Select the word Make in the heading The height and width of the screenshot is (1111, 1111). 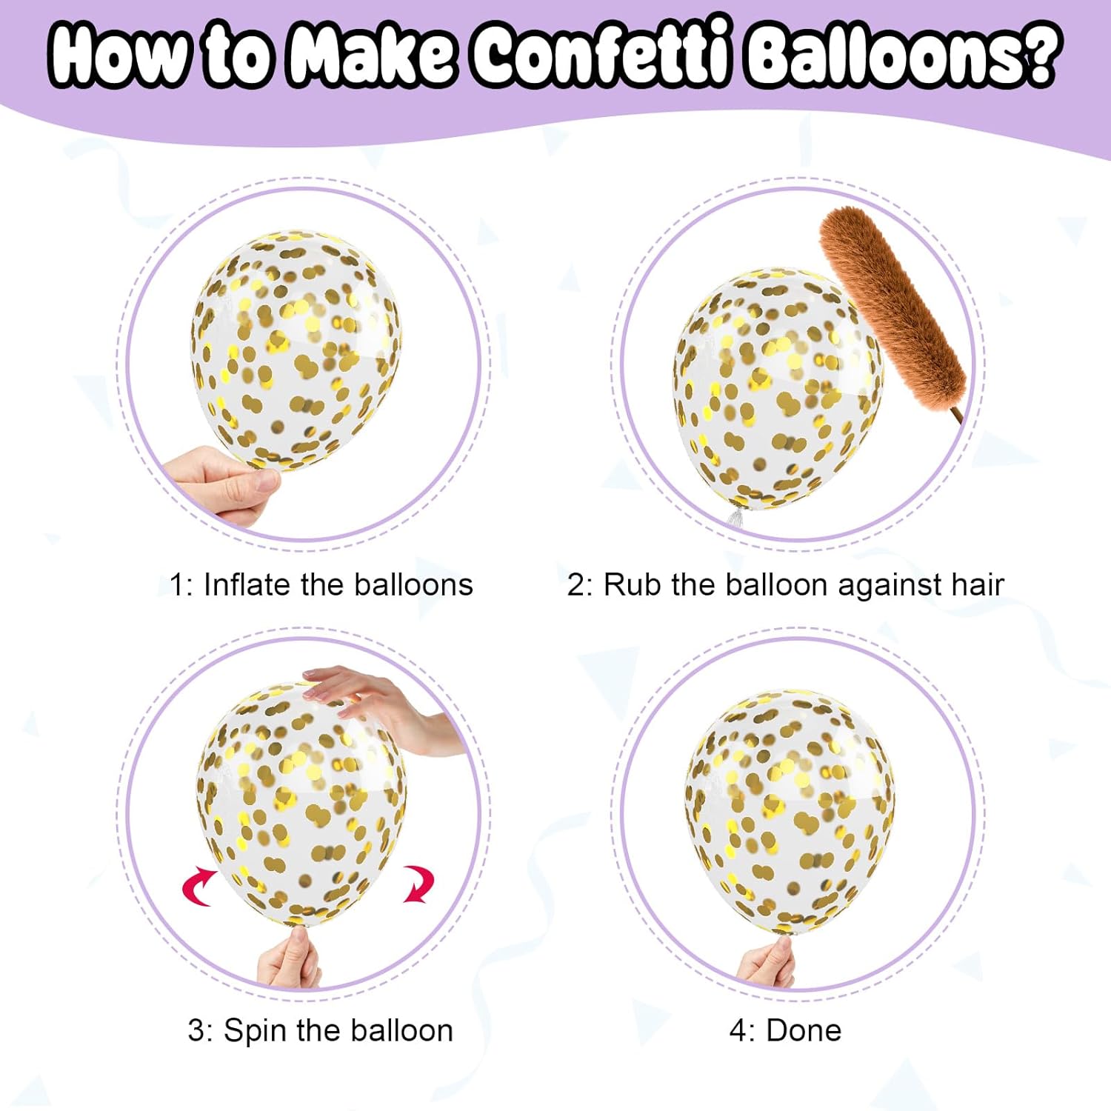(x=373, y=53)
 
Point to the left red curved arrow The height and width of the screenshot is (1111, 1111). (x=198, y=884)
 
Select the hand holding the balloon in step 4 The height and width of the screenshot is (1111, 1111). (x=767, y=962)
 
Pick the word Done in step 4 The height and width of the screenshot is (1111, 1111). (x=804, y=1030)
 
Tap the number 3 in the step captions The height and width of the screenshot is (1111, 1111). (x=196, y=1031)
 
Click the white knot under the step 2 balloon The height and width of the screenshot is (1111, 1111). (x=735, y=516)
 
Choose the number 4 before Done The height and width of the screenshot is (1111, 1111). (x=738, y=1030)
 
